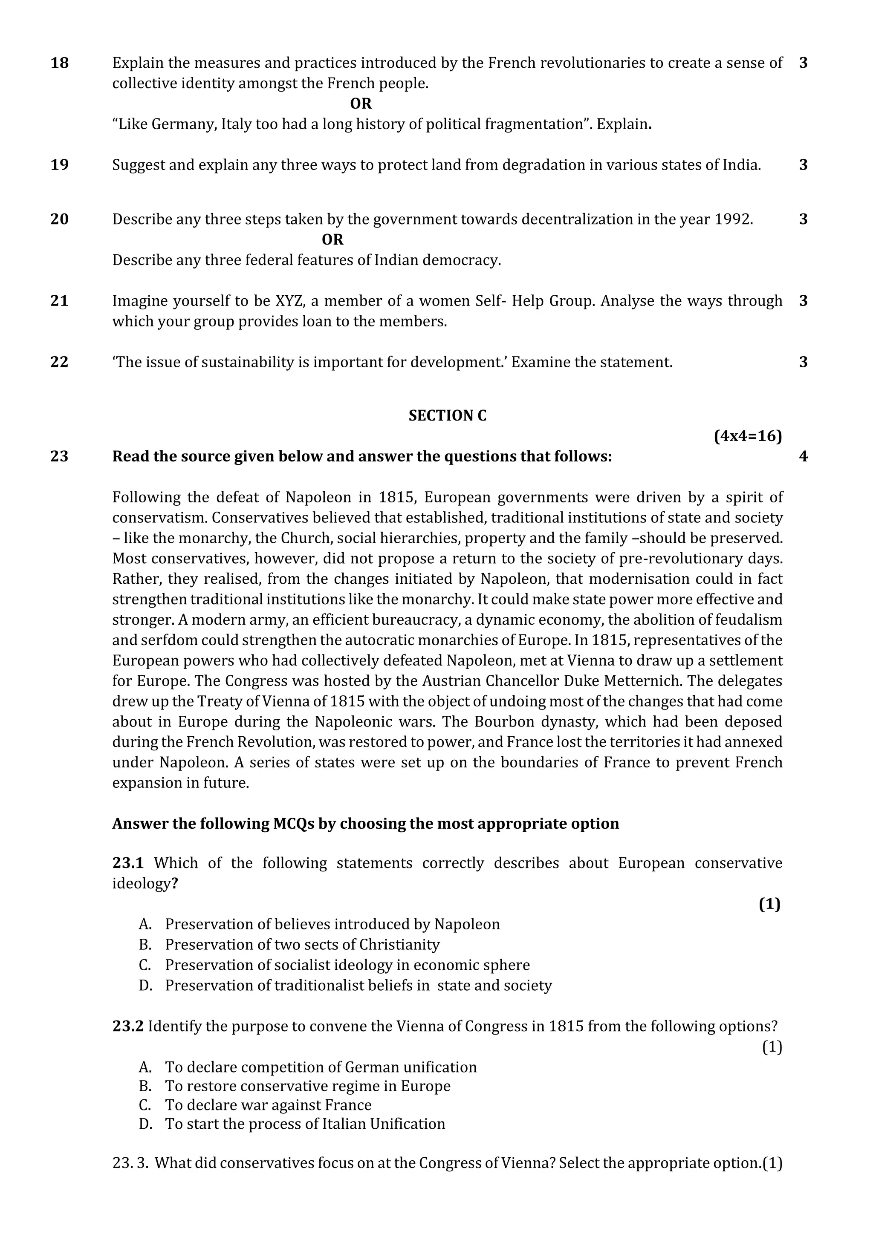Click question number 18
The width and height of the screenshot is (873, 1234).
(x=59, y=63)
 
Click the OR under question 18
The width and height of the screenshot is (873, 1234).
(x=360, y=103)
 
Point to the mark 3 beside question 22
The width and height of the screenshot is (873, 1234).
(x=803, y=362)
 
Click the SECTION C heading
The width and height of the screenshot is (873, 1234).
(x=447, y=415)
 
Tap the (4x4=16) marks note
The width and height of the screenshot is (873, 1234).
(x=747, y=436)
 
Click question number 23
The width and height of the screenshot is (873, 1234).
(x=59, y=456)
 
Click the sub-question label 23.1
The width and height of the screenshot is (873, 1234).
(x=128, y=863)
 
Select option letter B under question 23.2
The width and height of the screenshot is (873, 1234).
(x=145, y=1086)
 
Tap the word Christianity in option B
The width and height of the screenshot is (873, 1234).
(x=399, y=945)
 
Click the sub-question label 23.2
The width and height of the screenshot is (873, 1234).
(x=128, y=1026)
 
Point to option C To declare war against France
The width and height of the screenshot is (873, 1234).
(x=268, y=1105)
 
